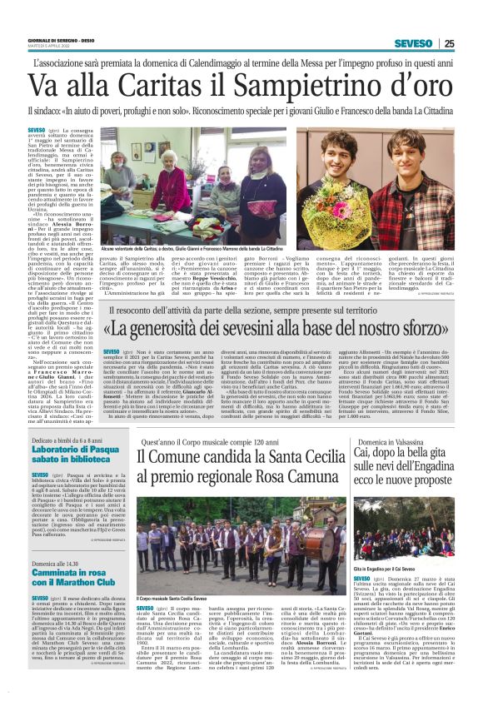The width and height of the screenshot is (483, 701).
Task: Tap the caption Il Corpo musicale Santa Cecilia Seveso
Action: (x=172, y=598)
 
